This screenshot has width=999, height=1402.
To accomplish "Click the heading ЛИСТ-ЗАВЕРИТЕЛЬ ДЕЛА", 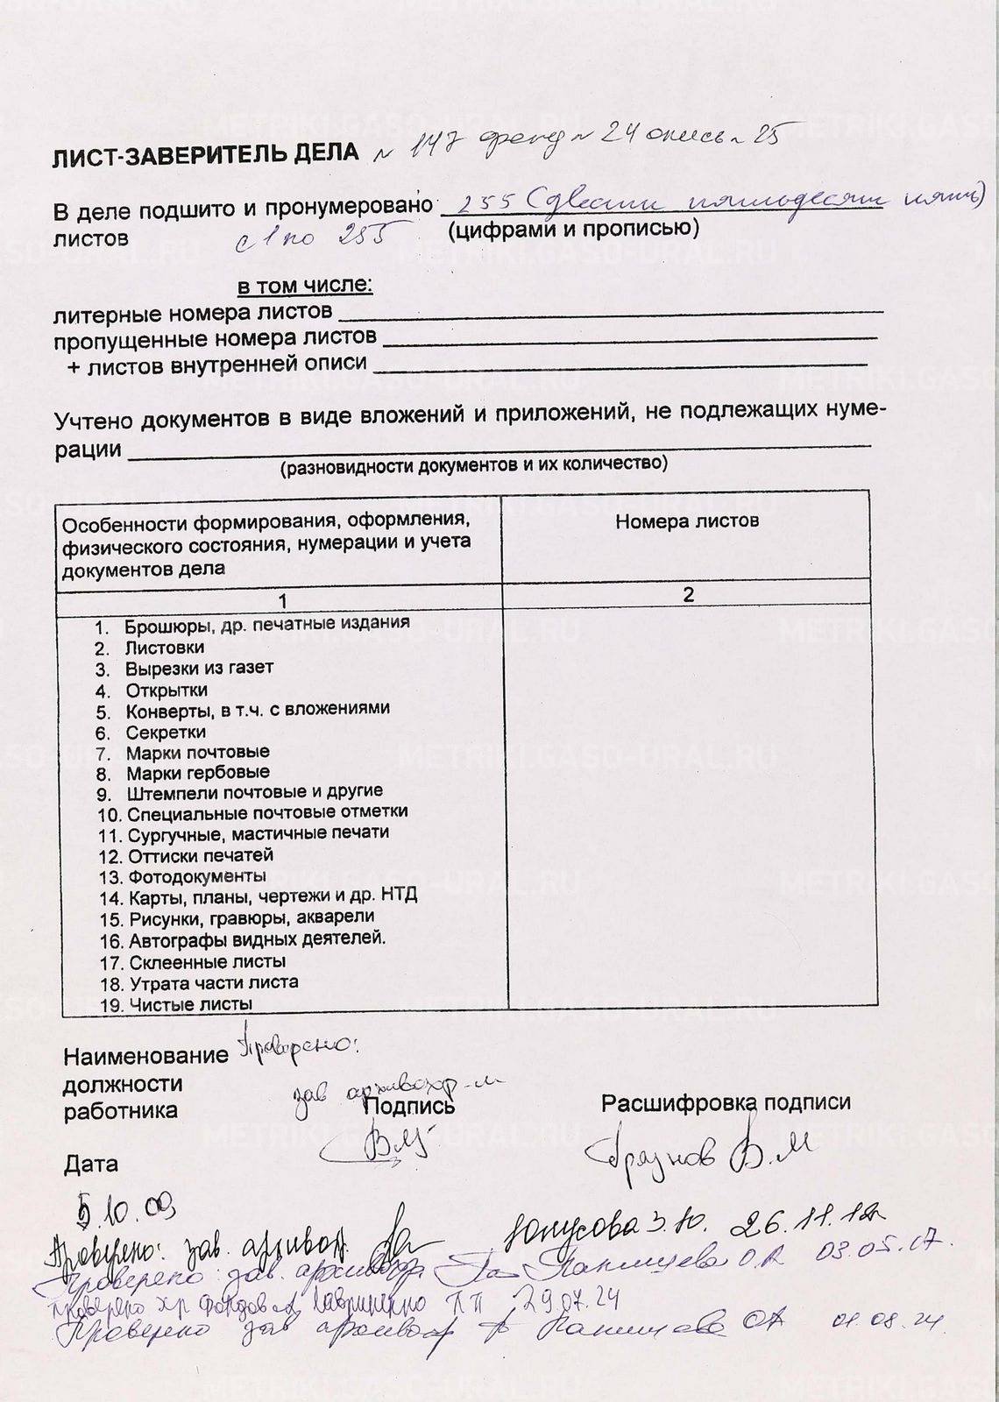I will coord(206,154).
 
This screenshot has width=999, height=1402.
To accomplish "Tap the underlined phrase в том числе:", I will coord(304,287).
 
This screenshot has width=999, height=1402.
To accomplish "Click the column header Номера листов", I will coord(686,521).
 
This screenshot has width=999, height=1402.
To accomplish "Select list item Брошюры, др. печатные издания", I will coord(266,625).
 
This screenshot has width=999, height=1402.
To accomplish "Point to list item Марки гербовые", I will coord(197,774).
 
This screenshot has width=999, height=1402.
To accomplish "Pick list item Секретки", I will coord(166,732).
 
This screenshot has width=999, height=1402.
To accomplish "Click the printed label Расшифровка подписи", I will coord(726,1102).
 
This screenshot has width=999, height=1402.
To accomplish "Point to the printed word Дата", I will coord(90,1165).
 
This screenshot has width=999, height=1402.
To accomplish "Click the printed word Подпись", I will coord(409,1106).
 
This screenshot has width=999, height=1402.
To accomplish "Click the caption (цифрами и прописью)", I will coord(572,230).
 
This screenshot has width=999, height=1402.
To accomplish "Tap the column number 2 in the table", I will coord(688,595).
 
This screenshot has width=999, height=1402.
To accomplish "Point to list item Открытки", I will coord(166,690).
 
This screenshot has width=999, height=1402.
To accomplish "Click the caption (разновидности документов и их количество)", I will coord(473,464).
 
